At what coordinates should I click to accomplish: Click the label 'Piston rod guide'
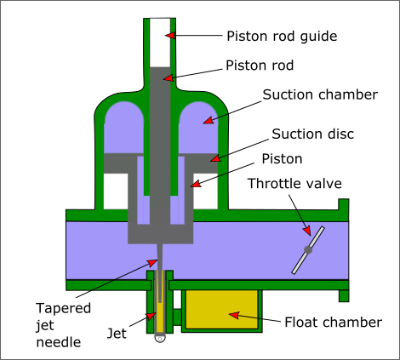click(282, 37)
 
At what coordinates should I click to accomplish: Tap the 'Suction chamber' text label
click(320, 94)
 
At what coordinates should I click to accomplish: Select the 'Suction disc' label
click(313, 134)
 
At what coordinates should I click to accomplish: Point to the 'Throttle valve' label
click(294, 184)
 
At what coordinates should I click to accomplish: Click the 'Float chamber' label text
click(334, 323)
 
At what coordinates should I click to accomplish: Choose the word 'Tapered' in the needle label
click(64, 309)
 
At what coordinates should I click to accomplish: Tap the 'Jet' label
click(117, 334)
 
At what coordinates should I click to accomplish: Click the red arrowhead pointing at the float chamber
click(234, 315)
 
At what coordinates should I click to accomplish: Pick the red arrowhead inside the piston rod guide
click(170, 35)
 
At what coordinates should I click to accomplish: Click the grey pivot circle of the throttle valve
click(308, 250)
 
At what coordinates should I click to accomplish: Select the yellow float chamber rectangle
click(221, 309)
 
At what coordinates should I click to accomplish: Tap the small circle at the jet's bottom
click(160, 339)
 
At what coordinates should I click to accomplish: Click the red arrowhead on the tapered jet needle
click(152, 262)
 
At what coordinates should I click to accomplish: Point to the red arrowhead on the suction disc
click(215, 158)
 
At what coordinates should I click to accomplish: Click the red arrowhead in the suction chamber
click(209, 120)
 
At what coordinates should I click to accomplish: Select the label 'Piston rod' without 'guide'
click(260, 66)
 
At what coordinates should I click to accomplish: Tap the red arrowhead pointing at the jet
click(151, 316)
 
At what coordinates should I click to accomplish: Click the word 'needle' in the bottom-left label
click(59, 342)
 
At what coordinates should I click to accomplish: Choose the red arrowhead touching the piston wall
click(196, 184)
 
